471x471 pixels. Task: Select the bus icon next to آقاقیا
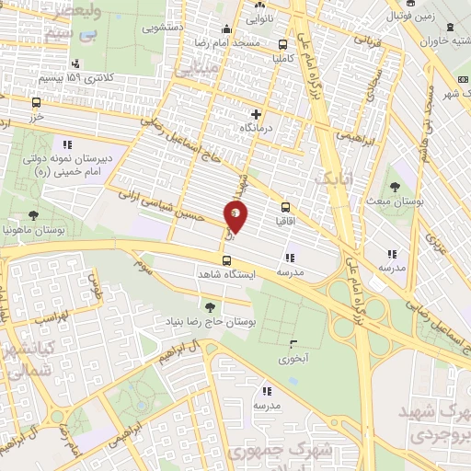(284, 208)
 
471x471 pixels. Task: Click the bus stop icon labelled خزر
(36, 103)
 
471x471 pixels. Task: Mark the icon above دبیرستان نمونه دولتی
(66, 144)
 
